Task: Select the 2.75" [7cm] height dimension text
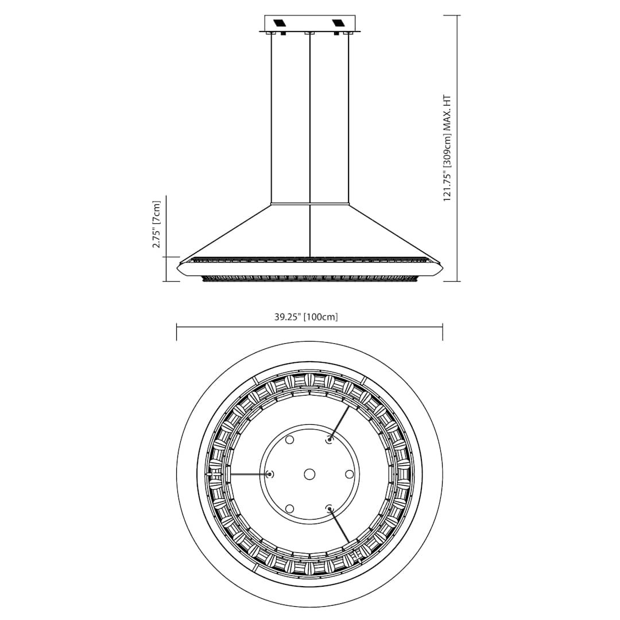157,224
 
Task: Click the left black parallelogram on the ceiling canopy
281,24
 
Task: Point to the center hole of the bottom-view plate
309,474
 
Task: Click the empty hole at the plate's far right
349,474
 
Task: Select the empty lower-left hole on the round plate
289,509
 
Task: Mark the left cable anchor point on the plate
269,474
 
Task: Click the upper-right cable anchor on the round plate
330,440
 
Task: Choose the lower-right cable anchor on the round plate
329,508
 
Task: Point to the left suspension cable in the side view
272,115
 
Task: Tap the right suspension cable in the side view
348,115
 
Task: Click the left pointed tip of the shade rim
177,268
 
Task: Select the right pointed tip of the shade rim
443,268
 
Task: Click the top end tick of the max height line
458,15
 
